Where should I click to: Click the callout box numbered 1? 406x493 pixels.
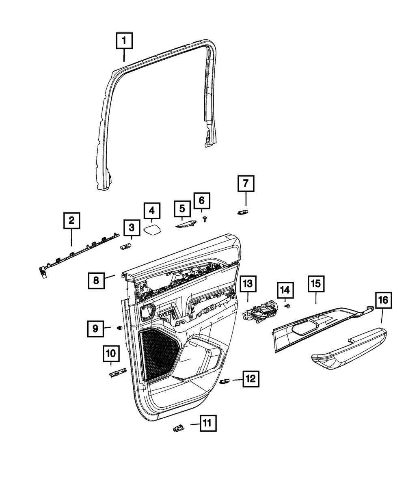pos(125,41)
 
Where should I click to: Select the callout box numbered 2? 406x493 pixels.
pos(71,221)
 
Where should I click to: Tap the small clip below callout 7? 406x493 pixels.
pos(243,212)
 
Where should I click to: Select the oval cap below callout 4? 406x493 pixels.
pos(152,230)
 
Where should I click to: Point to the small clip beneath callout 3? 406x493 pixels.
pos(125,246)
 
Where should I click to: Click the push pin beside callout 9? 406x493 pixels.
pos(119,327)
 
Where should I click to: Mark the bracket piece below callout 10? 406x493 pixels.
pos(118,372)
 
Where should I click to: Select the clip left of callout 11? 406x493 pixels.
pos(177,427)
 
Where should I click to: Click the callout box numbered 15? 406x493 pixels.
pos(316,284)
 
